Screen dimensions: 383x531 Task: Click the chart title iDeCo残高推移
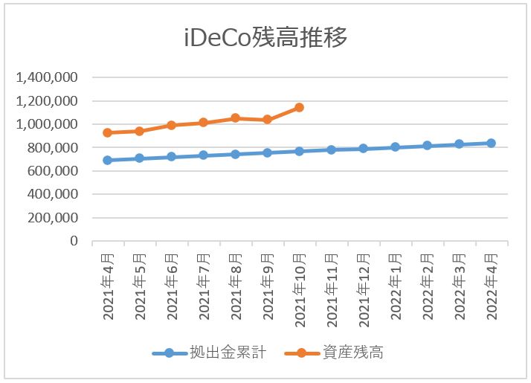pos(265,38)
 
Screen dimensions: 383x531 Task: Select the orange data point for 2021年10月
pos(299,107)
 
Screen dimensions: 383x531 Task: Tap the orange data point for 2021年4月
pos(108,132)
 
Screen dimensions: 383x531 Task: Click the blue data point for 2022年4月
pos(491,143)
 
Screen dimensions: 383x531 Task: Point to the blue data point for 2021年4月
pos(108,160)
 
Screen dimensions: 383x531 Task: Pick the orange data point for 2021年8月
pos(235,118)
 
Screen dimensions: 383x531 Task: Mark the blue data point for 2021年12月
pos(363,148)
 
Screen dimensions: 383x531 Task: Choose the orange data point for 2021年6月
pos(171,125)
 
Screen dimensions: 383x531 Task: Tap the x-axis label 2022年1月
pos(396,284)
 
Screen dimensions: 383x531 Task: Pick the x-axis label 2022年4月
pos(492,284)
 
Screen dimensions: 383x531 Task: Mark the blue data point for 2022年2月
pos(427,145)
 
